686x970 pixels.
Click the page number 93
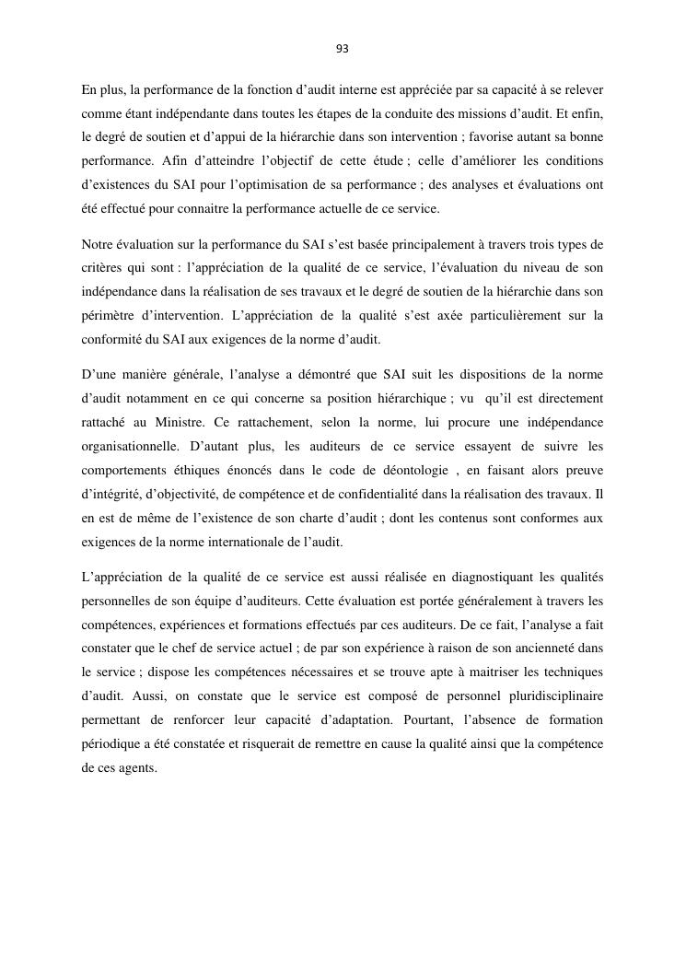pyautogui.click(x=343, y=49)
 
